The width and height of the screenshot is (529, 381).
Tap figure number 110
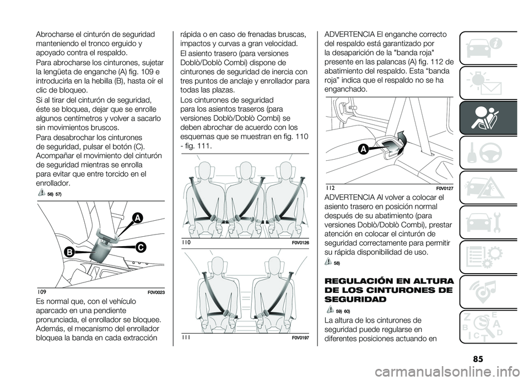(186, 243)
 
